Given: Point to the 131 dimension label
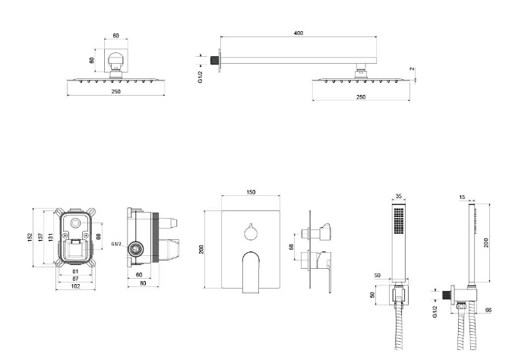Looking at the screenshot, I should click(x=51, y=237).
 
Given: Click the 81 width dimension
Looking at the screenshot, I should click(x=75, y=271).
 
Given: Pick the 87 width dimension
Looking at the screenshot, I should click(x=75, y=279).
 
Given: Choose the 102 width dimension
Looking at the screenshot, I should click(x=75, y=286).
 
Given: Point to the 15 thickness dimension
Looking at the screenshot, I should click(x=463, y=197).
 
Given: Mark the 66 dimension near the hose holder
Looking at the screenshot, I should click(x=488, y=309).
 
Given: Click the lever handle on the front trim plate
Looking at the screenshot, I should click(x=251, y=270).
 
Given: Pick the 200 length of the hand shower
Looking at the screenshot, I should click(x=485, y=242).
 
